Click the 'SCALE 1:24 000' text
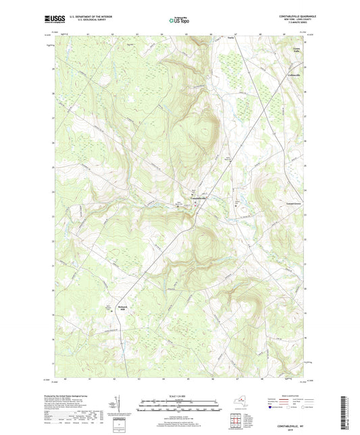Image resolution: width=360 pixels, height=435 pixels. coord(180,394)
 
